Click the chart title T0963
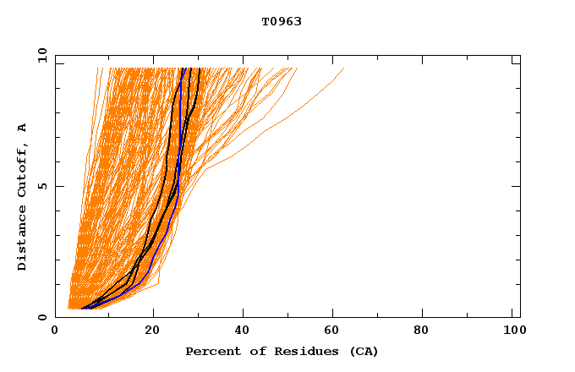click(282, 21)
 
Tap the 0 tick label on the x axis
click(55, 331)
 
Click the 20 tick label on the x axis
click(152, 331)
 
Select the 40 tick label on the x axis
click(244, 331)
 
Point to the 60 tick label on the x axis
click(335, 331)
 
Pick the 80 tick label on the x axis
click(426, 331)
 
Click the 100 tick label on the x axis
click(512, 331)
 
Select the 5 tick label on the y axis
click(41, 186)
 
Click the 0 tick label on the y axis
click(41, 317)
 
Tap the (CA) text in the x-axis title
click(364, 351)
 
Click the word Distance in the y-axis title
click(23, 238)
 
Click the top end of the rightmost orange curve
click(344, 68)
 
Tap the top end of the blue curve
click(183, 68)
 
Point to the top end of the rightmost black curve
click(199, 68)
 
